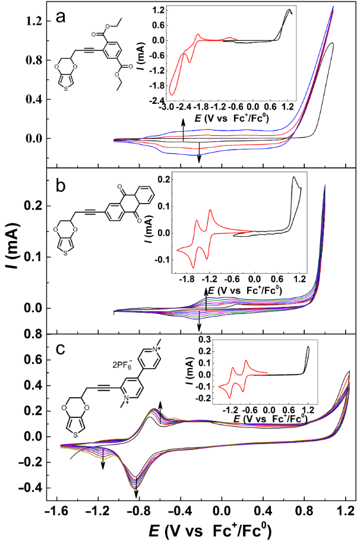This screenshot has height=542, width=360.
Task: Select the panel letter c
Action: pos(60,348)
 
